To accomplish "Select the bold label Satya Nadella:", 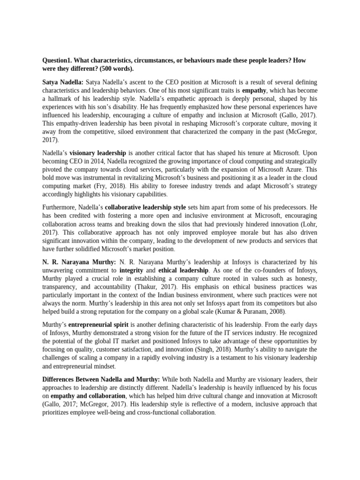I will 64,82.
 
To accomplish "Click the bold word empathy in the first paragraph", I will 254,90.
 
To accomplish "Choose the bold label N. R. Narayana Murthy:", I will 80,262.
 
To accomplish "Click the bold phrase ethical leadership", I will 183,270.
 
